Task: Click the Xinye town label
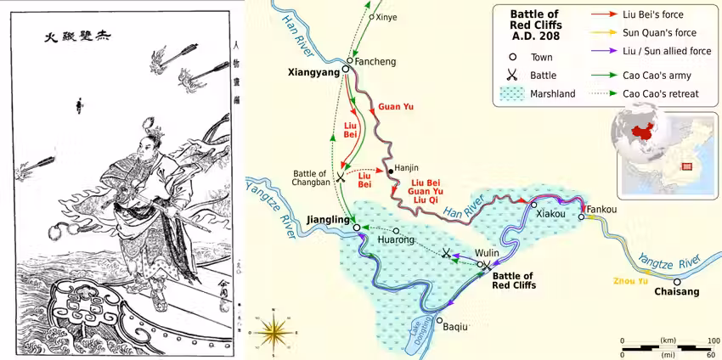coord(386,17)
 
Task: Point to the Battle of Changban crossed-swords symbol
coord(341,177)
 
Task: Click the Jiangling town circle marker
coord(357,228)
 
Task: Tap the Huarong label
coord(396,240)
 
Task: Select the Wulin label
coord(488,253)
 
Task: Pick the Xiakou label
coord(551,214)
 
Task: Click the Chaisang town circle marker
coord(677,282)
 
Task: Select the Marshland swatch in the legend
coord(512,93)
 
